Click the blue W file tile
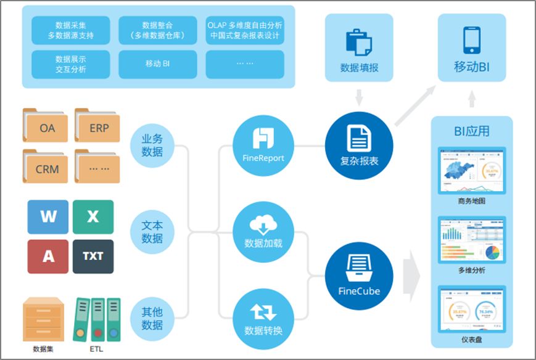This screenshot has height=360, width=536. tap(48, 217)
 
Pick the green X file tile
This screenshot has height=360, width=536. tap(93, 217)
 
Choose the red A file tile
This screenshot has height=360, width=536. tap(48, 256)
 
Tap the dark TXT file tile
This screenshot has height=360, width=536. tap(93, 256)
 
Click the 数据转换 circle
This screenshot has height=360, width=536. tap(263, 317)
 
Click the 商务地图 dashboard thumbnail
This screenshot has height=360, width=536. tap(472, 170)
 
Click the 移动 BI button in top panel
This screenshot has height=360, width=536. tap(157, 63)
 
